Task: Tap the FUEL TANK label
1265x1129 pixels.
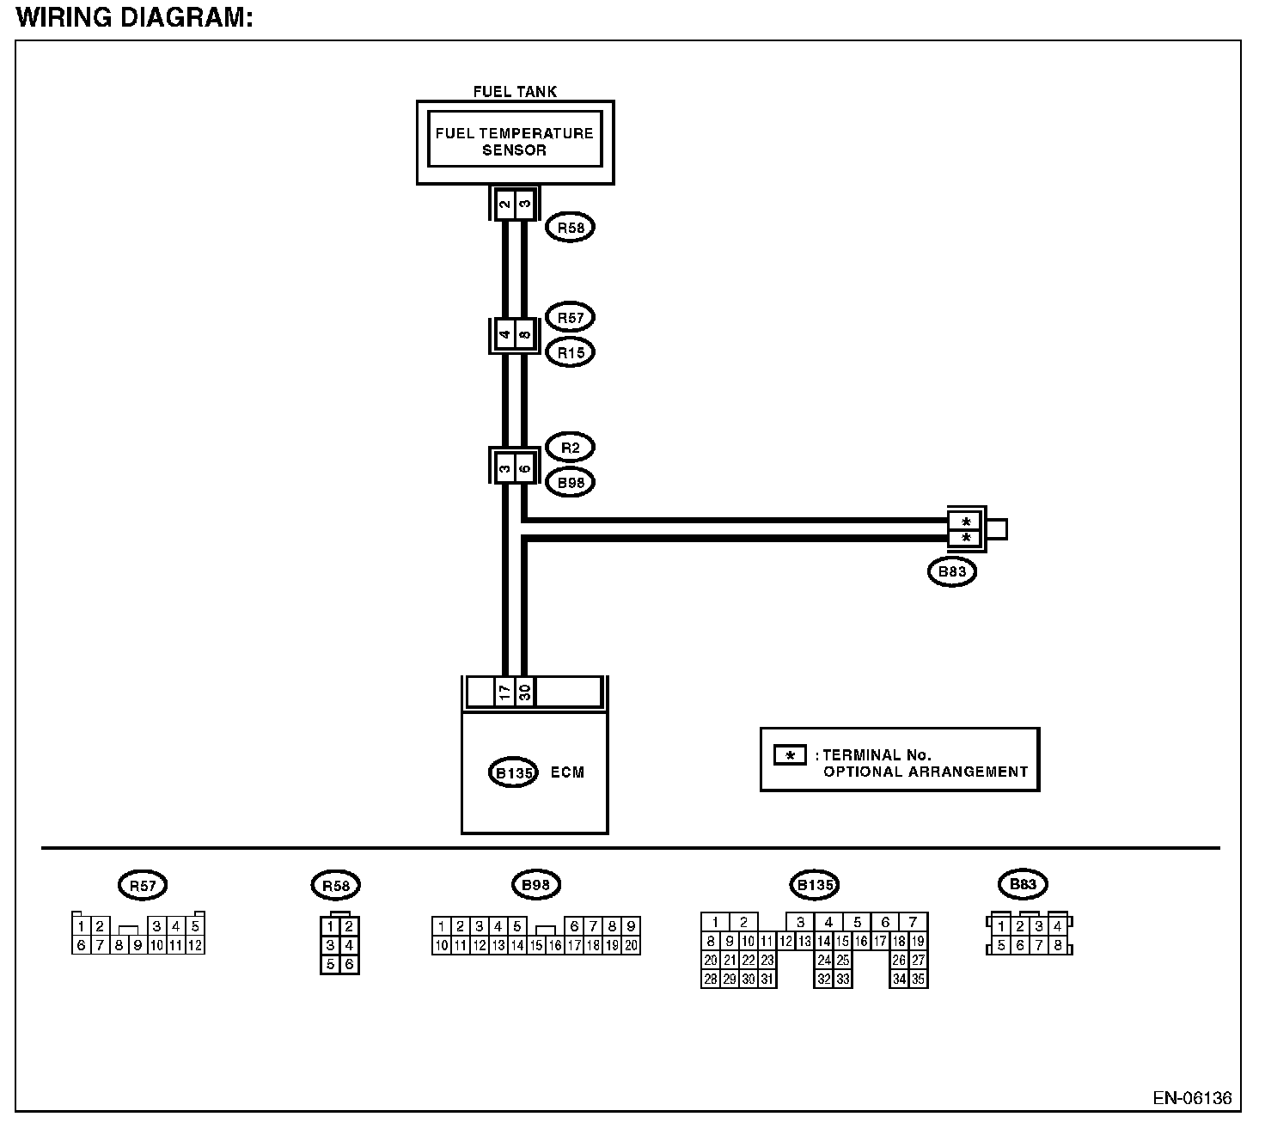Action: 515,92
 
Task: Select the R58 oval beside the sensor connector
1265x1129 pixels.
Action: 570,228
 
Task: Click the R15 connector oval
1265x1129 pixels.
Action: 570,353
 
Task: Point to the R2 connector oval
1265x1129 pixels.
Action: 570,448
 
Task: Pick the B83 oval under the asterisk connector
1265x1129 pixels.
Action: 952,571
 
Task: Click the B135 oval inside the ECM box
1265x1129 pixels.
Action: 513,773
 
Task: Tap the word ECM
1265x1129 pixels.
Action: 567,772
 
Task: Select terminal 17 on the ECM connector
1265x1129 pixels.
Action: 505,693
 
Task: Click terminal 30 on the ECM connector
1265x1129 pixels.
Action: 524,693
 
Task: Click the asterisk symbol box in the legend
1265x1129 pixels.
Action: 790,755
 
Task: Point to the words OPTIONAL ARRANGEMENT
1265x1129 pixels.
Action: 926,772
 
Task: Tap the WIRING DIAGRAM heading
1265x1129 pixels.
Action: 135,17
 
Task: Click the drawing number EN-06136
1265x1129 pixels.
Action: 1192,1098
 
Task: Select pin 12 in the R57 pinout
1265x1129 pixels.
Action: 195,945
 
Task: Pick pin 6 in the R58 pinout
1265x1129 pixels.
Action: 349,965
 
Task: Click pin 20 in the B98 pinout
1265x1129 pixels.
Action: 632,945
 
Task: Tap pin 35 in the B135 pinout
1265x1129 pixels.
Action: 918,979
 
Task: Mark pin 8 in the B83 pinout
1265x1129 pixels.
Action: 1058,945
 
